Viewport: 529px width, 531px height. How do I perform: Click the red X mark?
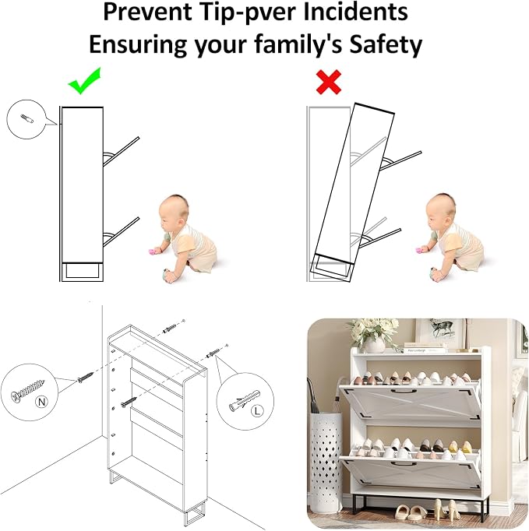tap(328, 82)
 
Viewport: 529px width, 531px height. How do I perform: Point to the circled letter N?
tap(42, 402)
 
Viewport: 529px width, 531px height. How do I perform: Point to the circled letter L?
tap(257, 411)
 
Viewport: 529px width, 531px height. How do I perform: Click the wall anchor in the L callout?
tap(245, 400)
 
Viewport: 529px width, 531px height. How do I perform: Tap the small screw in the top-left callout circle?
tap(27, 118)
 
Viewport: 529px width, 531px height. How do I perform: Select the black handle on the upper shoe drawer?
tap(404, 392)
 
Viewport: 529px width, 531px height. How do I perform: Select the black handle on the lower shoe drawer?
tap(404, 463)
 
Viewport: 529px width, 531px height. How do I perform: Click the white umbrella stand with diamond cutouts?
tap(326, 462)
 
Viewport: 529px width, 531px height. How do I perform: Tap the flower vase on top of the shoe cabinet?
tap(376, 345)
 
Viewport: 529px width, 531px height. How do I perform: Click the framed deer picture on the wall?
tap(440, 333)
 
